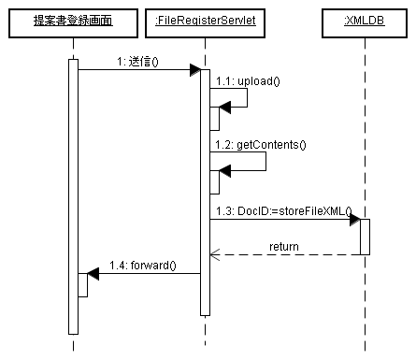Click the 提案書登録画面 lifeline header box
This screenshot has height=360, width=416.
pyautogui.click(x=73, y=21)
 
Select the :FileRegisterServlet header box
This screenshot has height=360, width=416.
pyautogui.click(x=204, y=21)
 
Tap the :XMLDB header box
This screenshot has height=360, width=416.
pyautogui.click(x=366, y=21)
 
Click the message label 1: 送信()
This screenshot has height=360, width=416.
pyautogui.click(x=138, y=62)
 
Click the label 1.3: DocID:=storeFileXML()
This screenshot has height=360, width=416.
pyautogui.click(x=281, y=210)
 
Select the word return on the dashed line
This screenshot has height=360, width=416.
pyautogui.click(x=284, y=246)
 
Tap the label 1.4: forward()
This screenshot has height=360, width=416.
pyautogui.click(x=143, y=266)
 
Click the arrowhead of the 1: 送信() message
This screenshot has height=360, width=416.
pyautogui.click(x=195, y=70)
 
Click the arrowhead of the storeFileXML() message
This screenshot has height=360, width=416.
pyautogui.click(x=355, y=220)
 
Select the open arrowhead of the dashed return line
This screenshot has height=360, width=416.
pyautogui.click(x=214, y=253)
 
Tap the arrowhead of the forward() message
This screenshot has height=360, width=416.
pyautogui.click(x=92, y=274)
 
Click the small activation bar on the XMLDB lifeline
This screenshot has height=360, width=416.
pyautogui.click(x=366, y=237)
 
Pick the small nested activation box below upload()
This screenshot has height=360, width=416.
pyautogui.click(x=214, y=118)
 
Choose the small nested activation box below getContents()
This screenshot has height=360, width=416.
pyautogui.click(x=214, y=182)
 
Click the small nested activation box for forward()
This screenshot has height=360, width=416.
pyautogui.click(x=82, y=285)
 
